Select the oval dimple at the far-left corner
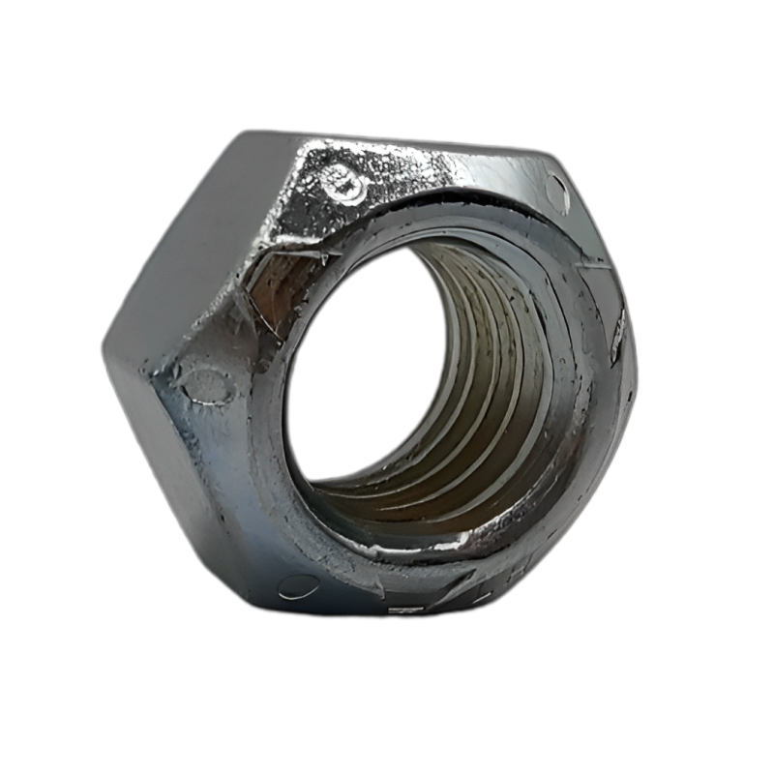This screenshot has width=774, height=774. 204,381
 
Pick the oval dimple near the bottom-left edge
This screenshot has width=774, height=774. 298,585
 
